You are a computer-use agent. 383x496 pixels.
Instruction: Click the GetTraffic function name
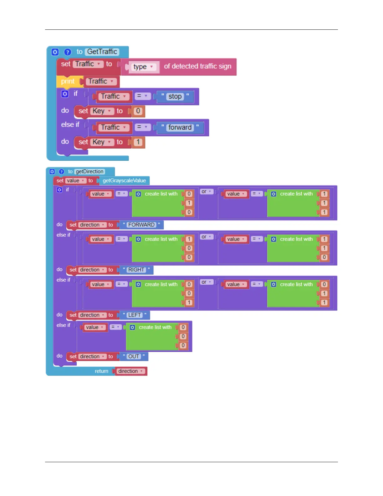click(102, 52)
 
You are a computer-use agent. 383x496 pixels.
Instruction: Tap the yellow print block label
click(68, 81)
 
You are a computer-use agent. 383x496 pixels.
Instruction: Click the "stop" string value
click(175, 96)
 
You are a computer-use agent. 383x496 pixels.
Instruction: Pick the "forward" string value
click(180, 127)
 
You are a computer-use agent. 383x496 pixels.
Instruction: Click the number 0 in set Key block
click(138, 111)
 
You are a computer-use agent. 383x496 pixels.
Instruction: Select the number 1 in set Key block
click(138, 142)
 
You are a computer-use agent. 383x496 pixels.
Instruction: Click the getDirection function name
click(89, 172)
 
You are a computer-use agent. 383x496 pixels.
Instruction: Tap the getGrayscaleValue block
click(124, 181)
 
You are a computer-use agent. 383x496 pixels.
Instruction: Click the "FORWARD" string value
click(141, 225)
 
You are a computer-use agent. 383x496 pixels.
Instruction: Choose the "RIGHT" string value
click(136, 270)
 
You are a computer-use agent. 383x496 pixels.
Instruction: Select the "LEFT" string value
click(135, 315)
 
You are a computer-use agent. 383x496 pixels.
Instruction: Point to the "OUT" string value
click(134, 356)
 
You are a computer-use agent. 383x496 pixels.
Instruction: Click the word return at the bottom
click(101, 371)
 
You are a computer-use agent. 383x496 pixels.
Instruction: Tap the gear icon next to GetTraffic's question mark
click(55, 52)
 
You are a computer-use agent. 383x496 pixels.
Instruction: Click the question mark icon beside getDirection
click(61, 172)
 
